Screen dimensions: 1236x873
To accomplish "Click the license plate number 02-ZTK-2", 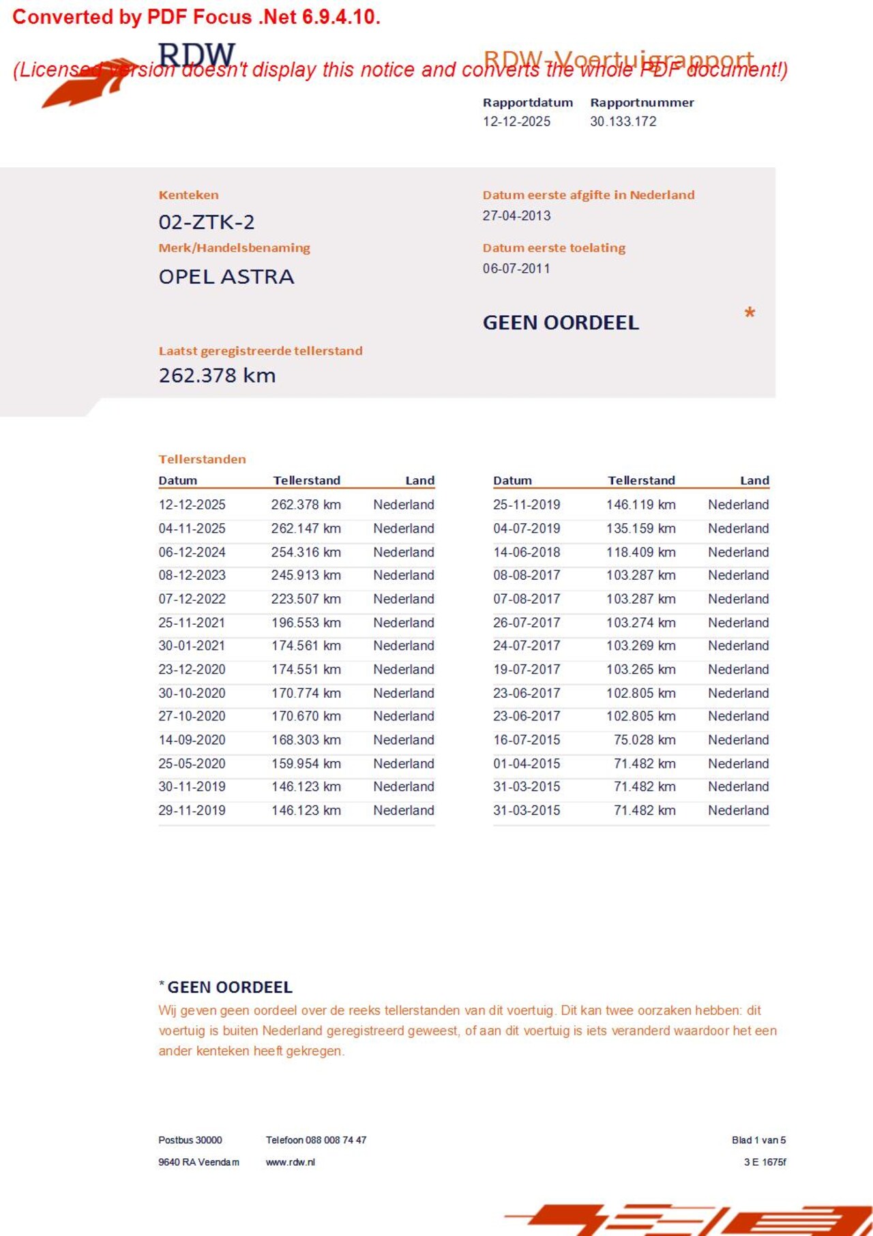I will (x=206, y=222).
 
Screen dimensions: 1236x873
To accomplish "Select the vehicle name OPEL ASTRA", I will (x=226, y=277).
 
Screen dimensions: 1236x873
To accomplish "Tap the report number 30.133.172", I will (x=623, y=121).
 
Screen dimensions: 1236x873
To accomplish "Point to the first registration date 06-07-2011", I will (x=516, y=269).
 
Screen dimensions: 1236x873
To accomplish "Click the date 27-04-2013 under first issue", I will (x=516, y=216).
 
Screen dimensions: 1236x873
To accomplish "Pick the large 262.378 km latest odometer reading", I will (x=217, y=375).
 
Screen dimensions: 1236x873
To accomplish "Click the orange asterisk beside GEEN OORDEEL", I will (x=750, y=314).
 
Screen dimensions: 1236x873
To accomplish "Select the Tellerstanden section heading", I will (x=202, y=459).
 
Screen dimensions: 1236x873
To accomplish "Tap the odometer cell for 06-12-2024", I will (x=306, y=552).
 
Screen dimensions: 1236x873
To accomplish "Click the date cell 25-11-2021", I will (x=192, y=623).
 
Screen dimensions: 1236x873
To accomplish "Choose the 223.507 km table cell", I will (x=306, y=599).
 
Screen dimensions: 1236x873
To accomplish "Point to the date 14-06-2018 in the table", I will (x=527, y=552).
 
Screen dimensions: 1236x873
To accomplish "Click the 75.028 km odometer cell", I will (x=645, y=740).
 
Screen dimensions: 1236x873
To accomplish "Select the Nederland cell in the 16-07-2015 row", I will (x=738, y=740).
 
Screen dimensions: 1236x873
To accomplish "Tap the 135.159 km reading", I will (x=640, y=529).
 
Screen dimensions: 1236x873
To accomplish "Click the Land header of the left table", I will (x=419, y=480).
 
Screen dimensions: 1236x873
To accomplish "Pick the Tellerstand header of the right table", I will (x=641, y=480).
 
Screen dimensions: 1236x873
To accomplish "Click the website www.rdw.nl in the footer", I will (x=290, y=1162).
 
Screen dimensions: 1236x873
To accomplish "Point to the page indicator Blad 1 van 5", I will (x=758, y=1140).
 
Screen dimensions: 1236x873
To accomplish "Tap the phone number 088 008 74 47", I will (x=336, y=1140).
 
